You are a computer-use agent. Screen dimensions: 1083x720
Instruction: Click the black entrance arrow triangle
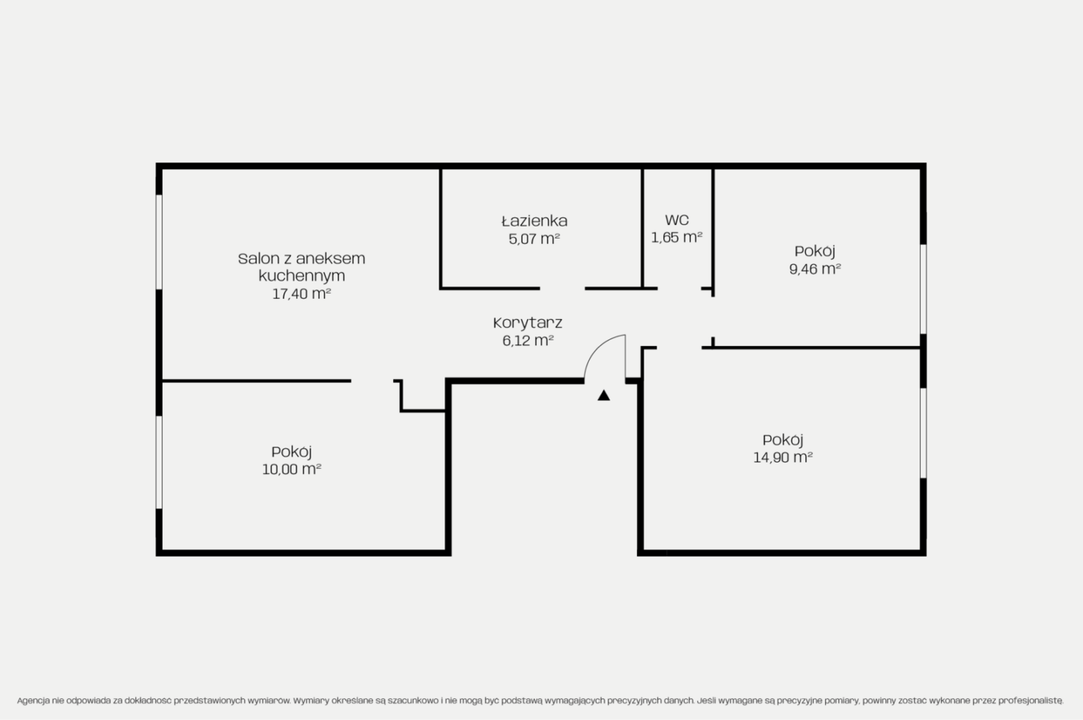tap(603, 396)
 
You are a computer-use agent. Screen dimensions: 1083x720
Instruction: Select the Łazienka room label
tap(534, 221)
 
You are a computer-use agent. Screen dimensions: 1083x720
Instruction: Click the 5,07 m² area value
tap(534, 239)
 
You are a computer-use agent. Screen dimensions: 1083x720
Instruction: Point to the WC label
tap(677, 220)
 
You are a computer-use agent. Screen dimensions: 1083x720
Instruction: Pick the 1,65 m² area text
tap(676, 238)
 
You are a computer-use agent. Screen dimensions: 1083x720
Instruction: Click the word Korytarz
tap(527, 324)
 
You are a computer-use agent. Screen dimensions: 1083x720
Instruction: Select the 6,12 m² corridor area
tap(527, 341)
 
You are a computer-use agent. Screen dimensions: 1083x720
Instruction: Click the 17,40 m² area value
tap(301, 294)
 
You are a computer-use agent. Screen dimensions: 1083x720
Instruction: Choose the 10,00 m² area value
tap(292, 469)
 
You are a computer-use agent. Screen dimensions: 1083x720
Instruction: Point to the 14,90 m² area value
tap(783, 457)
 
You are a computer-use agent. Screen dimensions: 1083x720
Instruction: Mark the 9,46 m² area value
tap(815, 269)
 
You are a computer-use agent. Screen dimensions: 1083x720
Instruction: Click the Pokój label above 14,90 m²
tap(783, 441)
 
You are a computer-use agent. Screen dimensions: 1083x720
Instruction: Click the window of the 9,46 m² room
tap(923, 289)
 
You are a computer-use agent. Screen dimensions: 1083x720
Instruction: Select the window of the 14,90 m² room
tap(923, 433)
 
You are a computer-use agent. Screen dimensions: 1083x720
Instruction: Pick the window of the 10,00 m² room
tap(159, 462)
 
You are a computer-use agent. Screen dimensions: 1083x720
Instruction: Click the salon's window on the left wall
tap(159, 242)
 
